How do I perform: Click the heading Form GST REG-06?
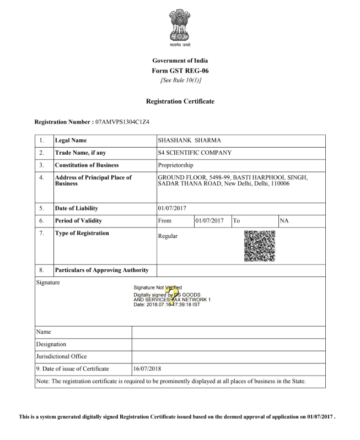pyautogui.click(x=180, y=70)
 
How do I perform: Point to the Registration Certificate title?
pyautogui.click(x=180, y=101)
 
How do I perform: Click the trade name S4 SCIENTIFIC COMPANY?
pyautogui.click(x=194, y=153)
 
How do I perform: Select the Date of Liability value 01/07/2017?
pyautogui.click(x=173, y=208)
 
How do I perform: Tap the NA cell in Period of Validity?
pyautogui.click(x=284, y=220)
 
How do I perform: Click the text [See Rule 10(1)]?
pyautogui.click(x=180, y=80)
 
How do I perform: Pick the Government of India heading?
pyautogui.click(x=180, y=60)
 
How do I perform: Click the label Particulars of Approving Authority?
pyautogui.click(x=101, y=270)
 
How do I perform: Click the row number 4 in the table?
pyautogui.click(x=41, y=177)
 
